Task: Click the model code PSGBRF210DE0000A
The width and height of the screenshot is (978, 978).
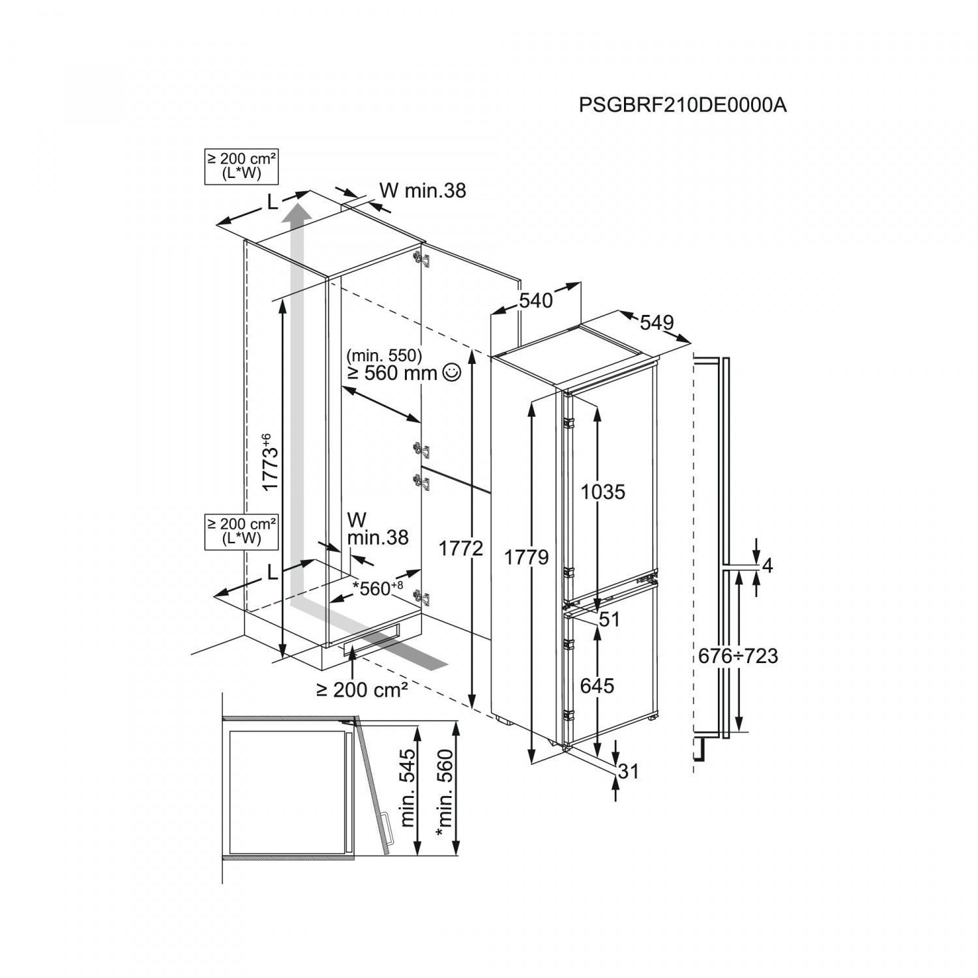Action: [x=683, y=105]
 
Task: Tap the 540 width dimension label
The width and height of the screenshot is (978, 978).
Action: [x=536, y=300]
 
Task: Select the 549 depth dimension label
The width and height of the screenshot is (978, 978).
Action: [x=656, y=322]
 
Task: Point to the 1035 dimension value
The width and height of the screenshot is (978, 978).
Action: [x=603, y=492]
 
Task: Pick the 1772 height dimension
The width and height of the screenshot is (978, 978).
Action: [x=460, y=548]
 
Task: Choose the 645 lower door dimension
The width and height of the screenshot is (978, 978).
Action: [x=597, y=685]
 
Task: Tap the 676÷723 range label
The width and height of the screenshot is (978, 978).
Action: [x=738, y=655]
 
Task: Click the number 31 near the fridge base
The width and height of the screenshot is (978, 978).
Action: [x=628, y=771]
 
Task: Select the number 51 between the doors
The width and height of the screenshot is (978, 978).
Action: [x=609, y=619]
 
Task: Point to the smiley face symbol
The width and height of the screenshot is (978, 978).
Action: [x=451, y=372]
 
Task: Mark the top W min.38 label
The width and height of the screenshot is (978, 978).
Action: [x=422, y=190]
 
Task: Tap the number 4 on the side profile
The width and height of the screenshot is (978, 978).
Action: [x=767, y=566]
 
